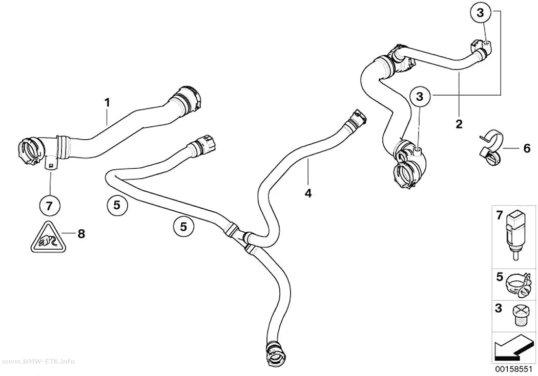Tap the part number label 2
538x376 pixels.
[x=459, y=124]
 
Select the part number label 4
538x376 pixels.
[x=308, y=193]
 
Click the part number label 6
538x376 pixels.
[x=527, y=148]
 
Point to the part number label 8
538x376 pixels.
[x=81, y=234]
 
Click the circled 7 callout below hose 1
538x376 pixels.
[x=49, y=206]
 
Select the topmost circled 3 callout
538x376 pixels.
[x=481, y=13]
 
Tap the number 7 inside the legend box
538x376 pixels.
[x=499, y=215]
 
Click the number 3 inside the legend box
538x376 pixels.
[x=499, y=308]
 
